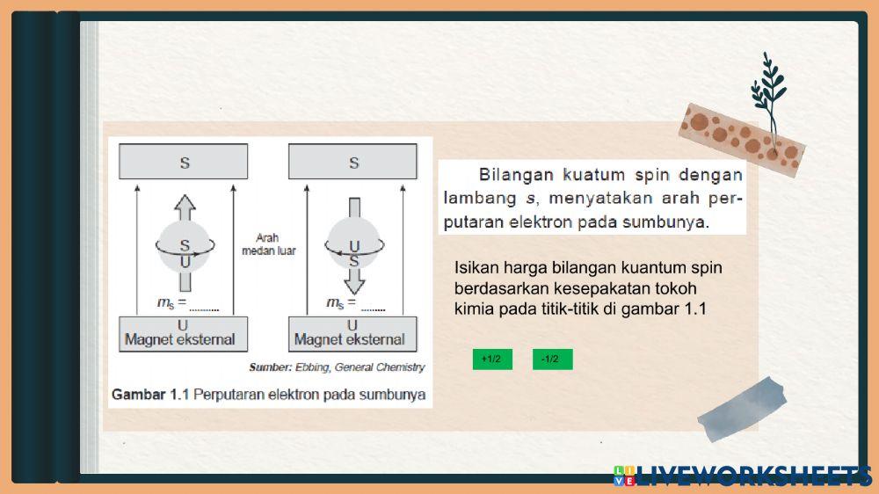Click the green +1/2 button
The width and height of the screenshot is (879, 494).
[492, 359]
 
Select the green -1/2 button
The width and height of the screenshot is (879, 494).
[552, 359]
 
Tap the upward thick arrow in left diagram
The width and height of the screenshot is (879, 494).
[184, 209]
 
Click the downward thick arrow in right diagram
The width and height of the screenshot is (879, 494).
[354, 280]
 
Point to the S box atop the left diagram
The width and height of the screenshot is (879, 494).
[184, 162]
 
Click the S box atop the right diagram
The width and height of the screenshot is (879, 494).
[353, 162]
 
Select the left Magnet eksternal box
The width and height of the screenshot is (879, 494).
[184, 333]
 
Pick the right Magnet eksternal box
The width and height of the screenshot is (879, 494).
[353, 333]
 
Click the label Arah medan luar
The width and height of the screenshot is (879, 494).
[268, 244]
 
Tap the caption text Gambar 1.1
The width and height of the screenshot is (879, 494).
[150, 395]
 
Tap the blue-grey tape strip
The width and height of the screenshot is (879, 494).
[742, 408]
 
